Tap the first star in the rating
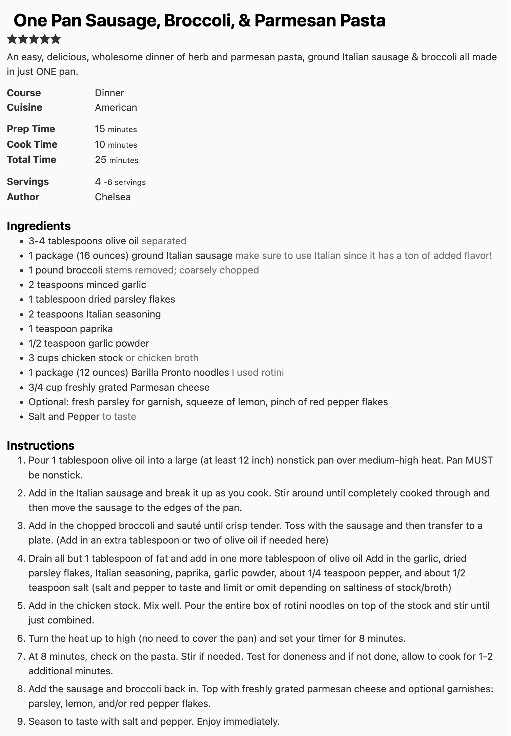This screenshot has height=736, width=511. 12,39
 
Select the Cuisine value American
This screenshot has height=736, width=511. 116,107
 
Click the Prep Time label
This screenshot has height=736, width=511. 31,129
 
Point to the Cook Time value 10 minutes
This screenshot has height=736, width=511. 116,144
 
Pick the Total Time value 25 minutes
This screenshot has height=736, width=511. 117,160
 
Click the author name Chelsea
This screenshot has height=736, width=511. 113,197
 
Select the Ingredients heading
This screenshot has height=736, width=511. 39,226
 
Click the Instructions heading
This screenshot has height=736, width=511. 41,446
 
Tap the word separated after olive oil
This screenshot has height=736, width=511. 164,241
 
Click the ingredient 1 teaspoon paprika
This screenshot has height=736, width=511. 70,329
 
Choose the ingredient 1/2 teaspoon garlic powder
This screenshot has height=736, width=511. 89,343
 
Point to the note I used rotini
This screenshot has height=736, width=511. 258,372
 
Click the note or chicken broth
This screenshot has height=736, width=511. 162,358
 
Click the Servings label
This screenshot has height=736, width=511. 28,182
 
